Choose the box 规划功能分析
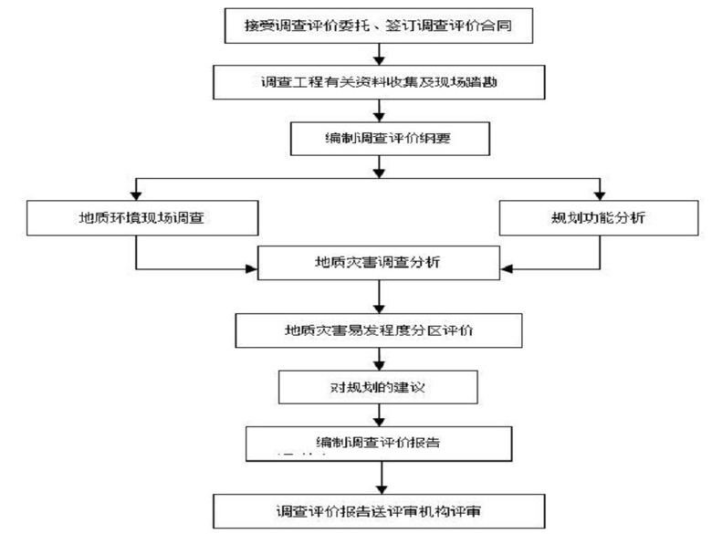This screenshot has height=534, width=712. [599, 219]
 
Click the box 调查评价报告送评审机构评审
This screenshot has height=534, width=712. [379, 507]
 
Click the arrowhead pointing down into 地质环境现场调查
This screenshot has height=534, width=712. [135, 194]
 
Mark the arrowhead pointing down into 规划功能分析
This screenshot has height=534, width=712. [599, 194]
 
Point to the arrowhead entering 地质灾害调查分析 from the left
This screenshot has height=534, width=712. [253, 268]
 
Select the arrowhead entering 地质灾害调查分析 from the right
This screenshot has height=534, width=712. [505, 268]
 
